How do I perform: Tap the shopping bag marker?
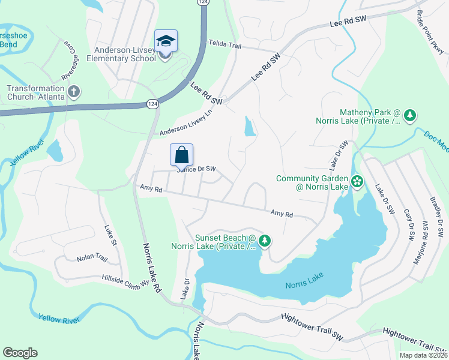point(181,155)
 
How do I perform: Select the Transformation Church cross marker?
point(74,92)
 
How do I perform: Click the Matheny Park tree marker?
point(410,115)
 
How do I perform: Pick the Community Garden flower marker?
point(357,181)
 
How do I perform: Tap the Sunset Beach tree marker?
point(264,241)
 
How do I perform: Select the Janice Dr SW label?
point(196,169)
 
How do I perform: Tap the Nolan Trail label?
point(91,259)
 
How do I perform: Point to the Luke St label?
point(109,235)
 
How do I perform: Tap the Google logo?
point(20,353)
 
